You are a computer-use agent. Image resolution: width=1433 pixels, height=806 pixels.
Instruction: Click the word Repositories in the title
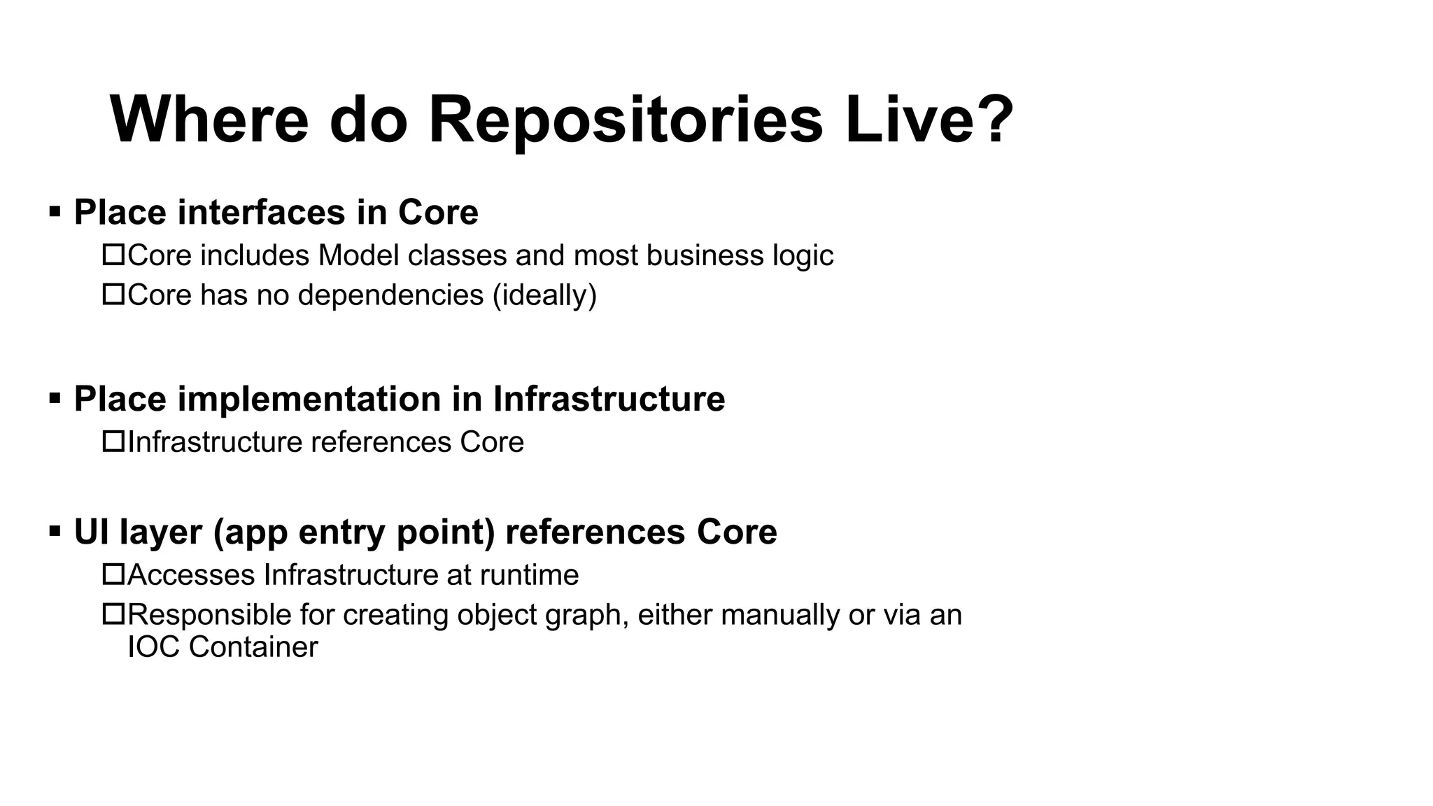625,120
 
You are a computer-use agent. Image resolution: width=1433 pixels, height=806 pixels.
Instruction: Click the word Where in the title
209,120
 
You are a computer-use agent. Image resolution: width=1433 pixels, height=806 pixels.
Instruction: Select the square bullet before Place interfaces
55,211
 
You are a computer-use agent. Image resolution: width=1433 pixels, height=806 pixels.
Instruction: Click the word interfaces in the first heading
261,212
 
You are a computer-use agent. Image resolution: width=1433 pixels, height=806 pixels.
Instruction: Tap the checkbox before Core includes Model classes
113,255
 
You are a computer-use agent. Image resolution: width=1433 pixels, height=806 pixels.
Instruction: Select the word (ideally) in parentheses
544,295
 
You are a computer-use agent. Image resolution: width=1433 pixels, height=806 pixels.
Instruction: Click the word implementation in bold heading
309,399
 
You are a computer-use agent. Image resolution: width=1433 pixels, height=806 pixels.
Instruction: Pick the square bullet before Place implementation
55,398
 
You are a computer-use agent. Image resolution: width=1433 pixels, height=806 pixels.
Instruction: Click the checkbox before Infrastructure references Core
113,441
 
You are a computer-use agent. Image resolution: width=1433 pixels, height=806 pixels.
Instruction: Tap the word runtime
529,575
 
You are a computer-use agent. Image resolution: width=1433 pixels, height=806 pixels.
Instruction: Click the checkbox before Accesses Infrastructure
113,574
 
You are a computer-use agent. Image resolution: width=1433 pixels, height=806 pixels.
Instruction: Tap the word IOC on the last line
154,646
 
